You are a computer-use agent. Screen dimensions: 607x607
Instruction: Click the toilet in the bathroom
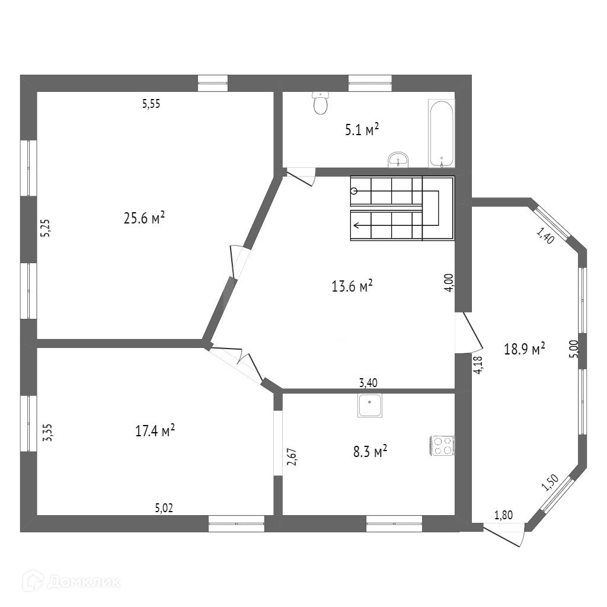tap(321, 103)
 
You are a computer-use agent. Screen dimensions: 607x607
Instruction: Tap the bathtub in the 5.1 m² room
tap(442, 134)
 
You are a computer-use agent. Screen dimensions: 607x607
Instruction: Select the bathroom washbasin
tap(398, 159)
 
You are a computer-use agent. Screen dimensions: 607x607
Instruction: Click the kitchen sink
tap(370, 405)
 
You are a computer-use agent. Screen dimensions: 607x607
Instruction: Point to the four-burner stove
tap(442, 445)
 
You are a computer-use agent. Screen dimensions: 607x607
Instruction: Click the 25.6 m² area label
tap(144, 218)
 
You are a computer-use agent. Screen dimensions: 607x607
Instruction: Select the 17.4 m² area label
tap(155, 430)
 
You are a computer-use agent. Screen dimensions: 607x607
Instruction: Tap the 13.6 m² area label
tap(352, 287)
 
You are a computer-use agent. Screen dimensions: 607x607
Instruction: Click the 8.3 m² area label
tap(370, 452)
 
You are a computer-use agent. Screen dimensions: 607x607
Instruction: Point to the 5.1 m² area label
tap(362, 130)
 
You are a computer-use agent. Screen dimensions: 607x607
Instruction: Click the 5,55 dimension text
tap(151, 104)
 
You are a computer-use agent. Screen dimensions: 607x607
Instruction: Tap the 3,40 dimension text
tap(369, 383)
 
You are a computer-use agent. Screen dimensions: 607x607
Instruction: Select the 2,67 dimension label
tap(292, 457)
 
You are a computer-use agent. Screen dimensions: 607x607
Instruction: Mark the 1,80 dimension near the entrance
tap(503, 515)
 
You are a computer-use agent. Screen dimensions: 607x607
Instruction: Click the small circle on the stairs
tap(354, 191)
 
